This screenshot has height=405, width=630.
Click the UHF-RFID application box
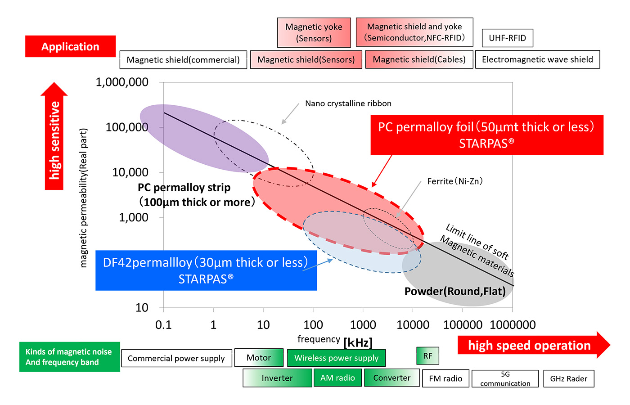[x=507, y=38]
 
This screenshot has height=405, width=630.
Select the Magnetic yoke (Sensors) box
[x=314, y=32]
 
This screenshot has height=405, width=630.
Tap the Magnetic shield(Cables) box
[x=419, y=59]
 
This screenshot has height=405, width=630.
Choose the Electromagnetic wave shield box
[x=537, y=59]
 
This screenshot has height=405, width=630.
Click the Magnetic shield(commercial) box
[x=183, y=60]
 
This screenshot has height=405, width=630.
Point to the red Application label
[x=70, y=46]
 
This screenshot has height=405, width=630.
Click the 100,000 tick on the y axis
[x=126, y=127]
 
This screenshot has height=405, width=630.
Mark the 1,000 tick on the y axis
[x=133, y=217]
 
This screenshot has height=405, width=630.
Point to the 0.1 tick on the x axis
[x=163, y=324]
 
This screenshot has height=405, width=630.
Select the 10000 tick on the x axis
[x=413, y=324]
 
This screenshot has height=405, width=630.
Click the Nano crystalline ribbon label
[x=348, y=103]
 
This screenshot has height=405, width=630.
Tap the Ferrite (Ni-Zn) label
[x=454, y=181]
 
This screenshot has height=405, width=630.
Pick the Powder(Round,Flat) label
[x=455, y=291]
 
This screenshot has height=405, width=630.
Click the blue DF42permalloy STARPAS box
[x=206, y=270]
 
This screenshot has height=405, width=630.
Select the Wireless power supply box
[x=336, y=358]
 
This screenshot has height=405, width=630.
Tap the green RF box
[x=427, y=356]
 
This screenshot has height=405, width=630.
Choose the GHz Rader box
[x=568, y=378]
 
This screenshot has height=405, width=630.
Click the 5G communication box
[x=505, y=378]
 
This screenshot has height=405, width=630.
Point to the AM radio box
[x=337, y=378]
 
